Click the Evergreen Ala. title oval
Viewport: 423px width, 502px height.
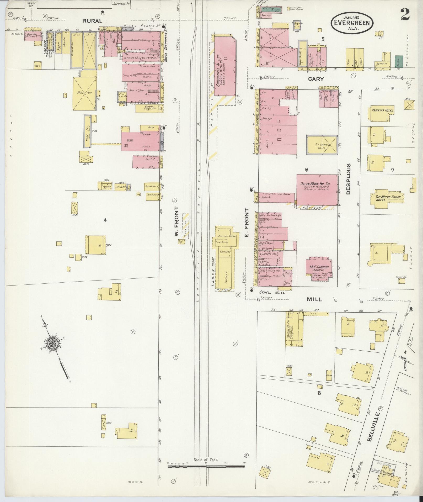pyautogui.click(x=352, y=23)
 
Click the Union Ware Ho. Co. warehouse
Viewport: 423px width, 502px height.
pyautogui.click(x=317, y=189)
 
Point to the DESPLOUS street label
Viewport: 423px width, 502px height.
pyautogui.click(x=348, y=179)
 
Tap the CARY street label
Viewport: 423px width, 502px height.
pyautogui.click(x=316, y=79)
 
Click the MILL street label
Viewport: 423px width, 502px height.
pyautogui.click(x=314, y=299)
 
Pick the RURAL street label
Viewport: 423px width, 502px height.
pyautogui.click(x=92, y=21)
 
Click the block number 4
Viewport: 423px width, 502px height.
pyautogui.click(x=105, y=220)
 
